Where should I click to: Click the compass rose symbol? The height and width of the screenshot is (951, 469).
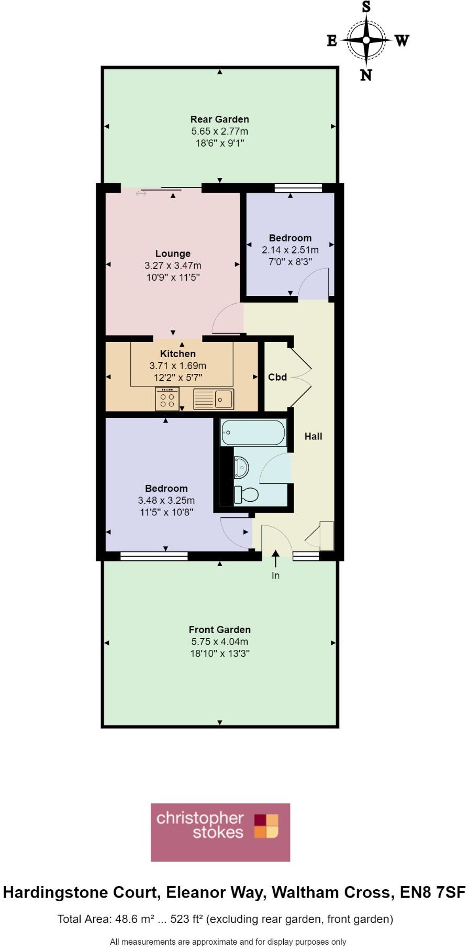(366, 40)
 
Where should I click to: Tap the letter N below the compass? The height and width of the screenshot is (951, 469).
(366, 75)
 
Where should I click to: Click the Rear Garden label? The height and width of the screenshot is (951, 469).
(219, 119)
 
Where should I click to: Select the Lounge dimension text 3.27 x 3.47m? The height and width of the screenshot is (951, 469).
(173, 266)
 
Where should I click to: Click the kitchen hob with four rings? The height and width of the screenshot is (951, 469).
(167, 399)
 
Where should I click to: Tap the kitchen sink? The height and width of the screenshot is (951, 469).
(214, 400)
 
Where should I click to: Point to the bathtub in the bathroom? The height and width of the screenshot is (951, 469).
(253, 433)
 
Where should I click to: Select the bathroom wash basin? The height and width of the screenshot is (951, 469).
(241, 466)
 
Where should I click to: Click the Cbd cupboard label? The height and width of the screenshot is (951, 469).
(277, 377)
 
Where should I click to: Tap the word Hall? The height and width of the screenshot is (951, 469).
(313, 436)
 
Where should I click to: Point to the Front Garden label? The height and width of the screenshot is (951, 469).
(219, 630)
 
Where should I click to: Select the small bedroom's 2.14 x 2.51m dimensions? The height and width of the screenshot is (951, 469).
(290, 250)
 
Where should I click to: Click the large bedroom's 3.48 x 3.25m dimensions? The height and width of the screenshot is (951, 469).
(166, 501)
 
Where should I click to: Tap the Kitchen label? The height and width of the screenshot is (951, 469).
(178, 354)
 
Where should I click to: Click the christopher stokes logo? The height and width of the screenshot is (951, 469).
(220, 832)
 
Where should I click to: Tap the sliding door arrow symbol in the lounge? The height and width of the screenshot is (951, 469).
(141, 194)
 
